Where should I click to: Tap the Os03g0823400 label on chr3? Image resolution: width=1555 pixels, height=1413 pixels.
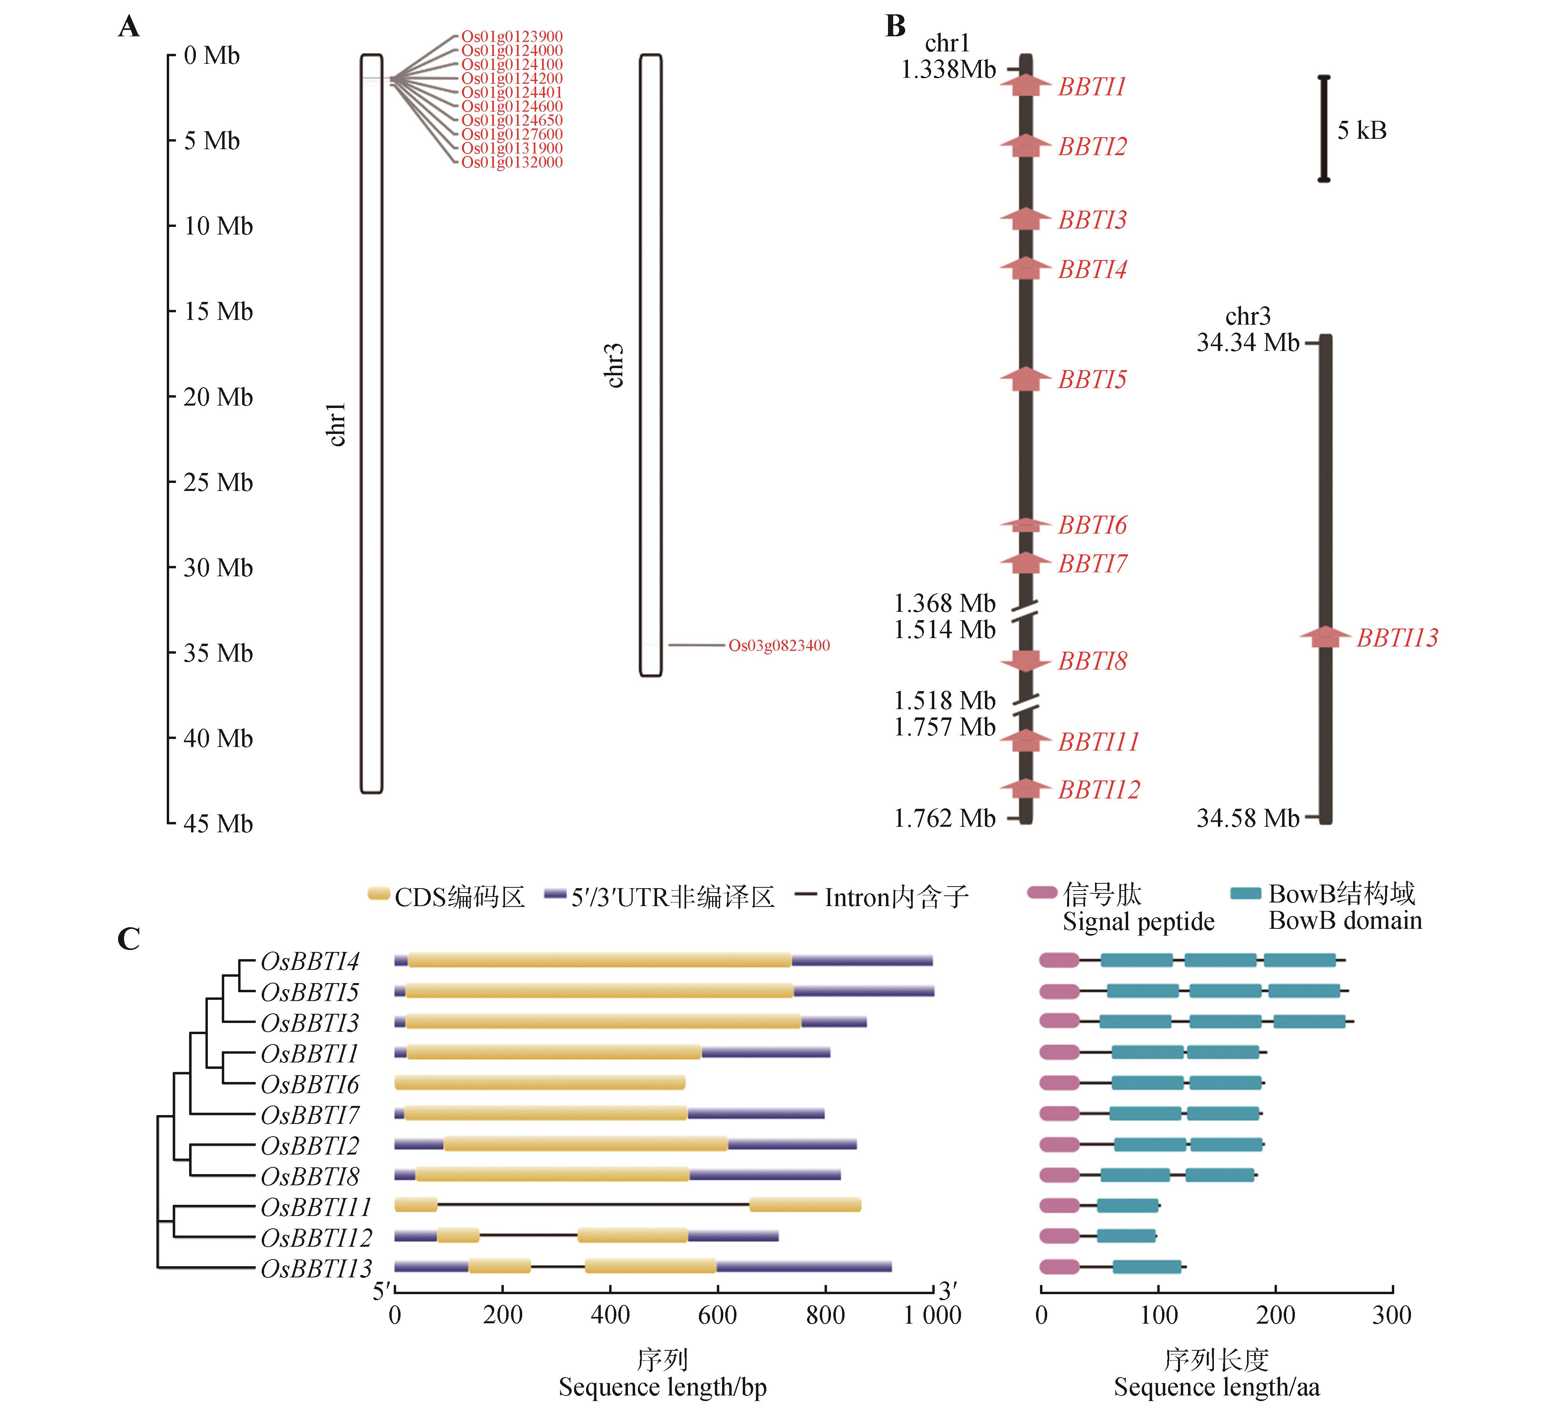coord(779,646)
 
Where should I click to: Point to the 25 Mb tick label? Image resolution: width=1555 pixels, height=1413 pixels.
coord(218,483)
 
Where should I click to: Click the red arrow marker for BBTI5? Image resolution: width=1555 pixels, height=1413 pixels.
coord(1025,379)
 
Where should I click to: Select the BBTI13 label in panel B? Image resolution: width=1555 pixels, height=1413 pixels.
coord(1397,638)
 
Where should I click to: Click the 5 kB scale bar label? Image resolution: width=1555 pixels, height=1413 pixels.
coord(1362,130)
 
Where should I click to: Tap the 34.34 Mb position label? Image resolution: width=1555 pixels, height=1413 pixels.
coord(1247,343)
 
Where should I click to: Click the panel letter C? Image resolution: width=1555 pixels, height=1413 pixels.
coord(129,939)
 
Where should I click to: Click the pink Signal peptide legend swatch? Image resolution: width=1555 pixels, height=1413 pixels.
coord(1042,893)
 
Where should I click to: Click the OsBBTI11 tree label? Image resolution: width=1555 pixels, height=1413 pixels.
coord(316,1207)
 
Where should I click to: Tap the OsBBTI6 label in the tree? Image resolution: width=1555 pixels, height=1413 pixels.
coord(310,1084)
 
